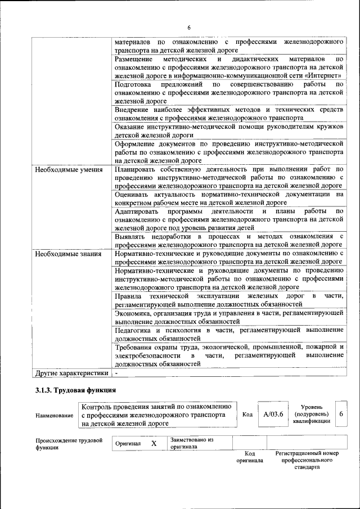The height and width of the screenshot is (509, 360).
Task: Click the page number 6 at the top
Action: pos(189,28)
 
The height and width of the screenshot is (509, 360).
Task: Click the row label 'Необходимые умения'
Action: pos(69,169)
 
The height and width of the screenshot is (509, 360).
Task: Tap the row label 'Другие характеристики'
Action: pos(71,372)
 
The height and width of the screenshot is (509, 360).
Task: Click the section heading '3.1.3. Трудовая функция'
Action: pos(75,390)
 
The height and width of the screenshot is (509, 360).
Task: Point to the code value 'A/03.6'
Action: pos(273,415)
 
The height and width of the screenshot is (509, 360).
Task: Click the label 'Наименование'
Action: pos(55,416)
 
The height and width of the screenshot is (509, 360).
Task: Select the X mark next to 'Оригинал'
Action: pos(153,443)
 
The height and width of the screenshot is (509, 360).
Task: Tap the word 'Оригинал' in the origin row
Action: pos(128,444)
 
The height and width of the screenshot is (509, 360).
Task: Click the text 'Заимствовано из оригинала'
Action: pos(191,444)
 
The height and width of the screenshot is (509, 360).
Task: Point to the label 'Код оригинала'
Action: pos(250,457)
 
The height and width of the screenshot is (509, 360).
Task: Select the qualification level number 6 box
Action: pos(341,414)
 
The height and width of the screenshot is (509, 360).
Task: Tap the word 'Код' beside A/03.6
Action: pos(247,415)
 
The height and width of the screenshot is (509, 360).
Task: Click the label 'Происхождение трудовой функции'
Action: pos(69,444)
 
